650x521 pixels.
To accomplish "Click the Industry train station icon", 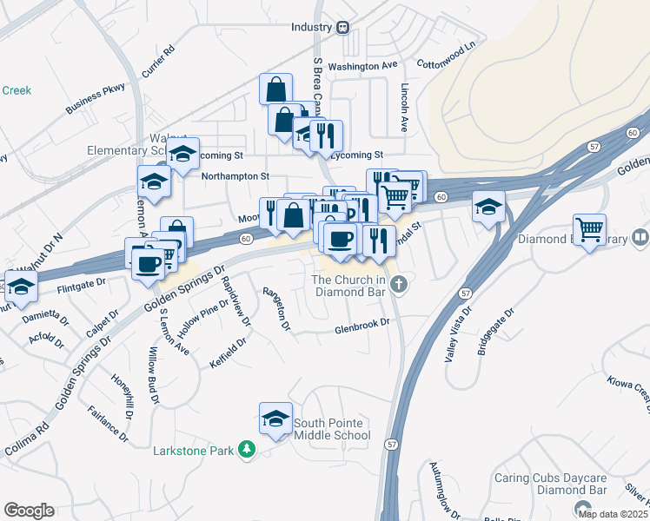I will click(x=343, y=27).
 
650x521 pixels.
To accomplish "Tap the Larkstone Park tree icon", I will click(x=248, y=450).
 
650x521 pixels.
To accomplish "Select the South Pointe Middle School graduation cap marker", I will click(x=275, y=419).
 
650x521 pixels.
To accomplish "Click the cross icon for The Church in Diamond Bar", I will click(x=398, y=284).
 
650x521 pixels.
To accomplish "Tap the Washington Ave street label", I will click(x=363, y=66).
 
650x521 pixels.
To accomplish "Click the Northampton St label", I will click(x=235, y=175).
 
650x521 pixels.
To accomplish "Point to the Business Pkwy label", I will click(x=95, y=98).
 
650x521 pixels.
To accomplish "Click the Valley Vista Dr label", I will click(x=458, y=333).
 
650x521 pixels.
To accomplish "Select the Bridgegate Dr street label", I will click(x=495, y=332).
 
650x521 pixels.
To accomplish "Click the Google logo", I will click(x=29, y=511).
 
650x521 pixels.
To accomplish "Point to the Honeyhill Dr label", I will click(x=122, y=397).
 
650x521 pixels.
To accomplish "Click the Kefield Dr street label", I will click(x=229, y=353).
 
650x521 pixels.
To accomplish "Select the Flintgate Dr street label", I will click(x=81, y=282).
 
